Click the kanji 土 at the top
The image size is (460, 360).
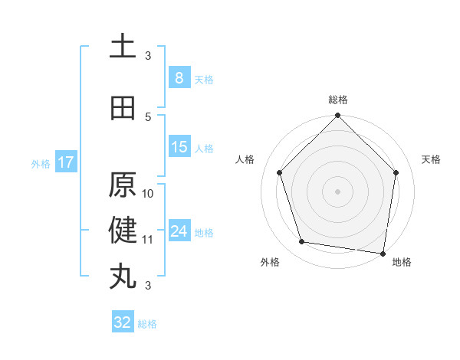coord(123,47)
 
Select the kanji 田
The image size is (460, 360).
coord(123,108)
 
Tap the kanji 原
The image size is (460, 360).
coord(123,185)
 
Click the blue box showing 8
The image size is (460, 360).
coord(179,78)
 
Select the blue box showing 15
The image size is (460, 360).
coord(179,147)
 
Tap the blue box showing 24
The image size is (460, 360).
coord(179,231)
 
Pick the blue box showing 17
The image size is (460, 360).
coord(65,162)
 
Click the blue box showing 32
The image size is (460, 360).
coord(123,322)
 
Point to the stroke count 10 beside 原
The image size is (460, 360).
coord(149,194)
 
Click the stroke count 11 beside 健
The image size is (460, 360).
coord(149,240)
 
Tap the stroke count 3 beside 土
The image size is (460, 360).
coord(149,56)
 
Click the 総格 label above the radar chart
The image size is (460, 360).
coord(337,100)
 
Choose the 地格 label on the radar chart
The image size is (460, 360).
coord(402,263)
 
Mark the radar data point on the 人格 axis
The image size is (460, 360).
coord(280,172)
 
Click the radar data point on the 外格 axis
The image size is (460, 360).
coord(302,242)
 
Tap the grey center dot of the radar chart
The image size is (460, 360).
coord(337,191)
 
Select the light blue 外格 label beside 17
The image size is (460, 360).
coord(41,163)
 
